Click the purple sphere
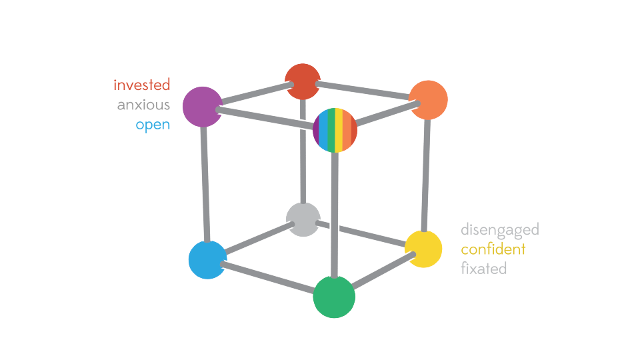tap(202, 107)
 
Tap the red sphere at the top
tap(303, 81)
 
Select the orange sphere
tap(427, 100)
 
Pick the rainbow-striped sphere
tap(335, 130)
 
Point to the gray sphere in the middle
tap(303, 219)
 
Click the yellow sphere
tap(423, 249)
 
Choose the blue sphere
tap(208, 259)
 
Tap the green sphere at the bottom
tap(334, 297)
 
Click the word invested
tap(141, 85)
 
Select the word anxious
tap(143, 105)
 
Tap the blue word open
tap(153, 125)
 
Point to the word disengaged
tap(499, 230)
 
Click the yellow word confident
tap(493, 249)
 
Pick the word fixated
tap(483, 269)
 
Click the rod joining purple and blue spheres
tap(205, 183)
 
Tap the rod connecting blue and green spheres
tap(267, 277)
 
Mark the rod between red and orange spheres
tap(363, 90)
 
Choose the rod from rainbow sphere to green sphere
tap(335, 213)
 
